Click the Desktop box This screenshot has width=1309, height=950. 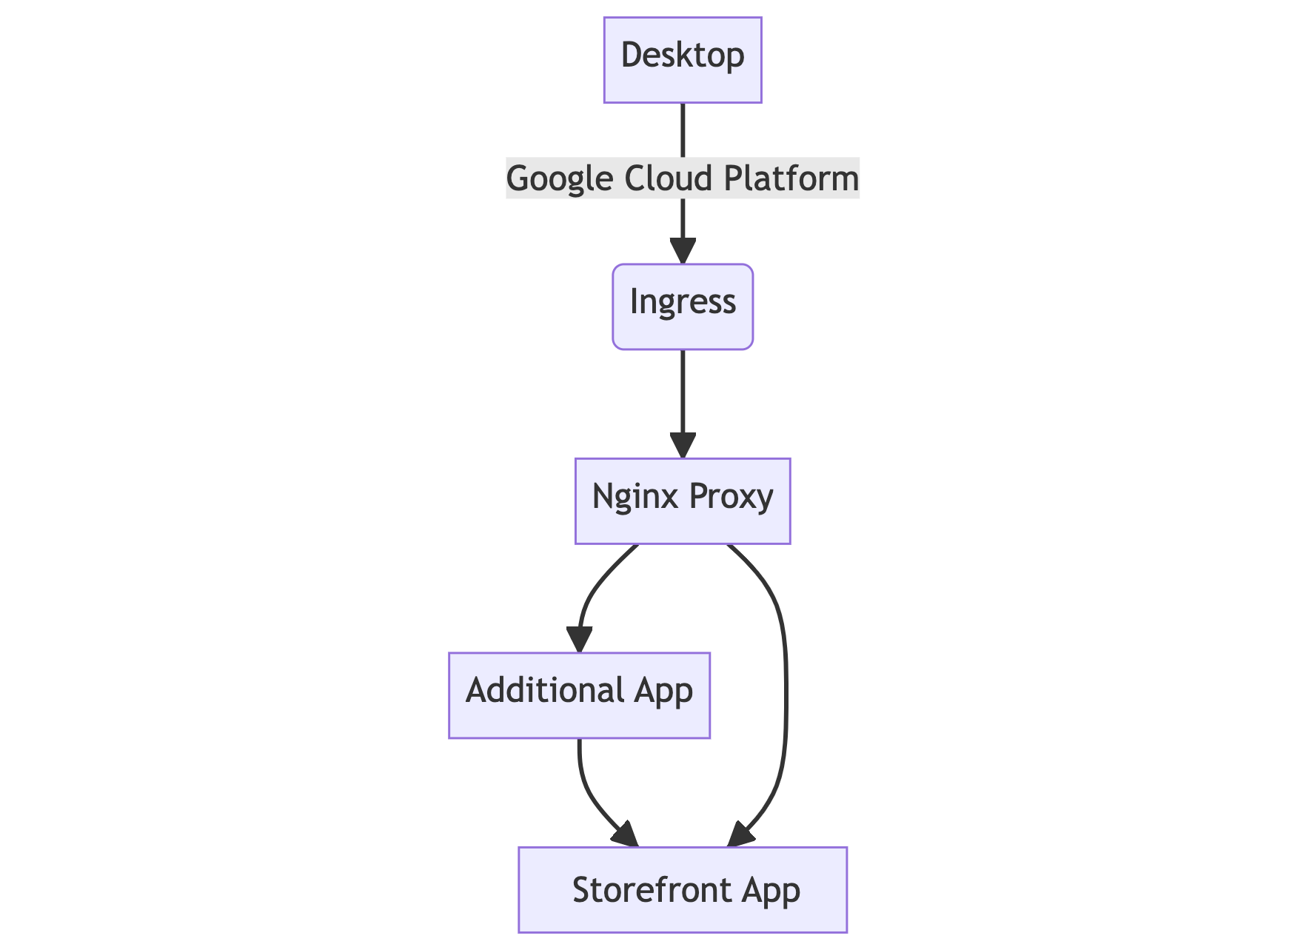[683, 59]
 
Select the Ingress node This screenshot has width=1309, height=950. [683, 306]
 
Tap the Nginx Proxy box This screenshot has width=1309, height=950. [683, 501]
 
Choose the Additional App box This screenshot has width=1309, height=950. [579, 695]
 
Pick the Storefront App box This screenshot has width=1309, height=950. [683, 889]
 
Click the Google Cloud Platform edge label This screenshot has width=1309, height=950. [683, 178]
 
